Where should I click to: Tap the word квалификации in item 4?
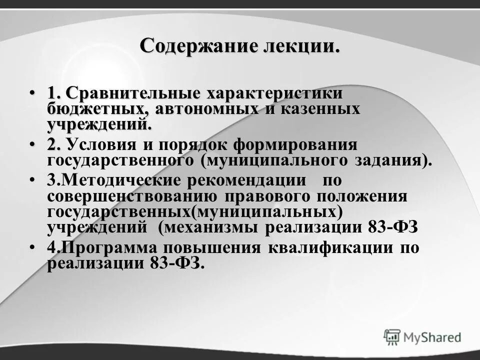click(326, 248)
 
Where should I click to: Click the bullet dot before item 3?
click(32, 180)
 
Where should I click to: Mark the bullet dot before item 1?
click(32, 93)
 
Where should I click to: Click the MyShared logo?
click(422, 337)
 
